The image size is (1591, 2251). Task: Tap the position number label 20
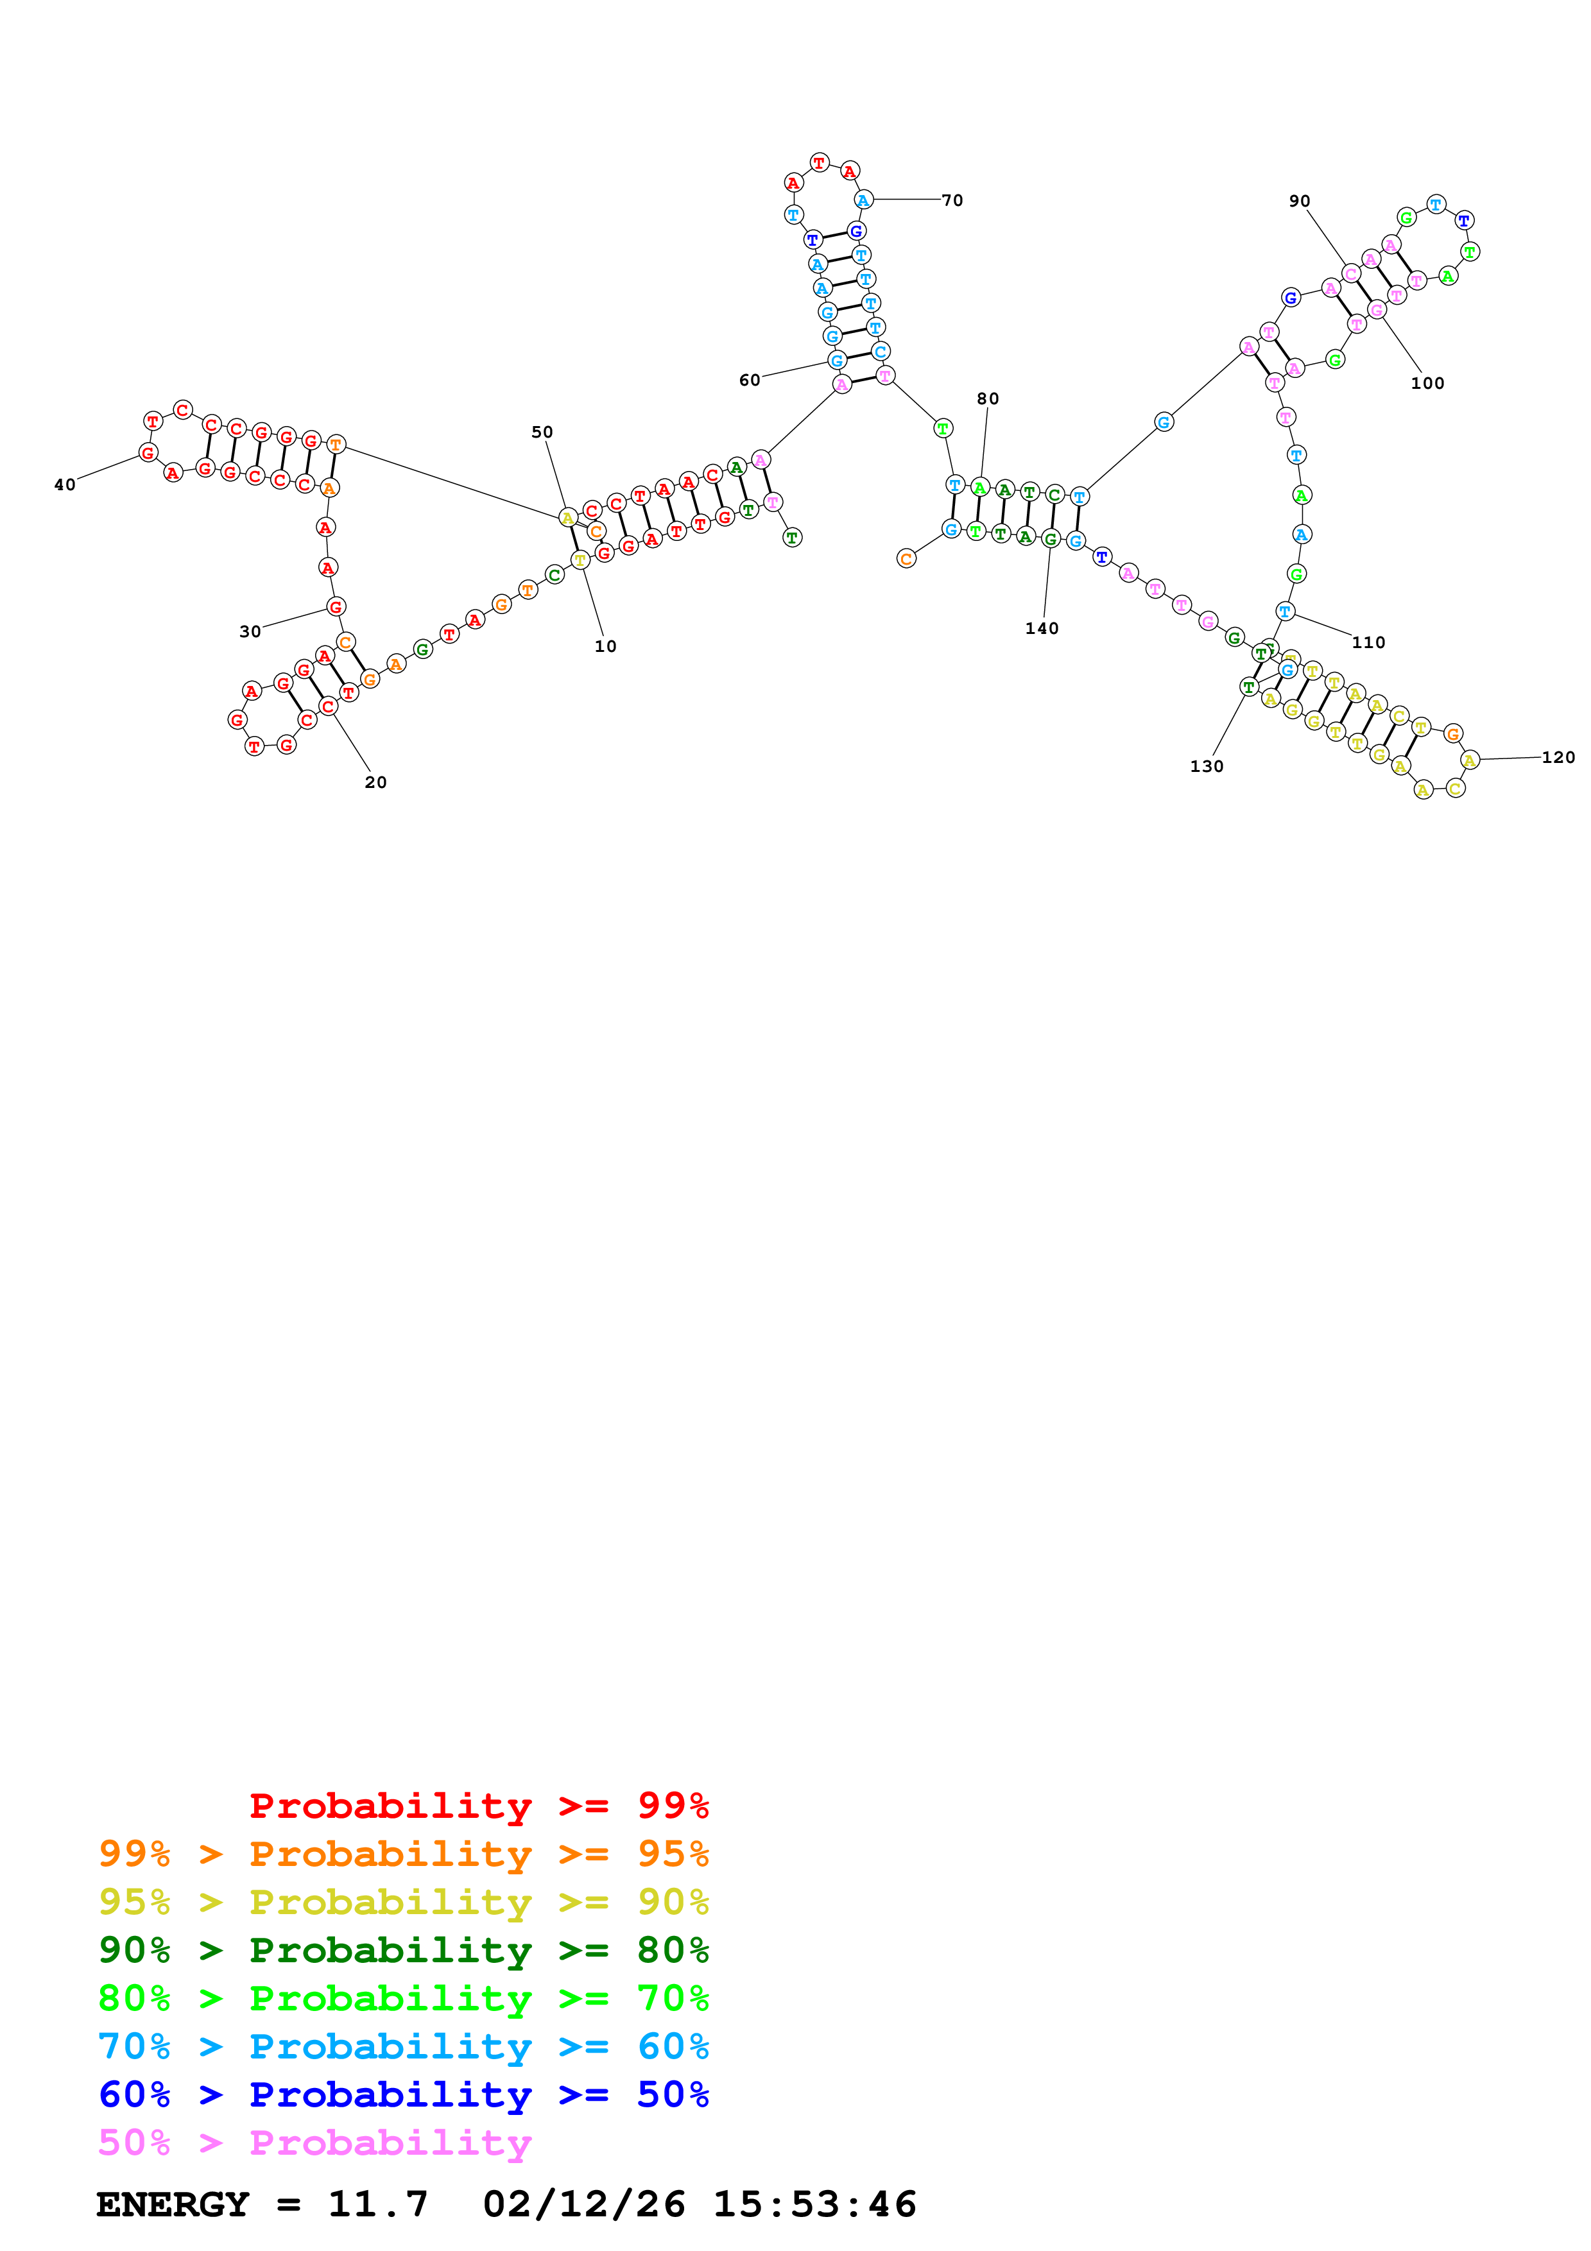(x=375, y=782)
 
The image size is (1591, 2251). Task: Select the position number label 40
(x=65, y=484)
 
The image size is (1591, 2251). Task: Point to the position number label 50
(x=542, y=432)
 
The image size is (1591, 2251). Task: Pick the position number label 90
(x=1299, y=201)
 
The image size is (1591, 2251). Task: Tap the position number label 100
(x=1427, y=383)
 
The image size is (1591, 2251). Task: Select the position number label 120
(x=1558, y=757)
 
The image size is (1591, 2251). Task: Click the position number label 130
(x=1207, y=767)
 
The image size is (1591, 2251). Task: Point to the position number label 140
(x=1042, y=628)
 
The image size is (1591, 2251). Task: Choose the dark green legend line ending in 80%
(x=403, y=1950)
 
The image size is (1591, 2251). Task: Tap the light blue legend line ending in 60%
(x=403, y=2046)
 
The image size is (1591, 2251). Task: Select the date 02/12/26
(x=584, y=2204)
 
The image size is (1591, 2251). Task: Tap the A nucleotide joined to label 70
(x=863, y=200)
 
